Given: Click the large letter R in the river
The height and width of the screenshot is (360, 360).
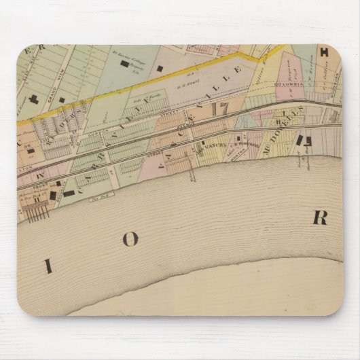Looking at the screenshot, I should pyautogui.click(x=319, y=218).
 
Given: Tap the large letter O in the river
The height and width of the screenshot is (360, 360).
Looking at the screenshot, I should pyautogui.click(x=130, y=239).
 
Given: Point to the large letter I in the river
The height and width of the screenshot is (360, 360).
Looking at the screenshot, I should pyautogui.click(x=48, y=266).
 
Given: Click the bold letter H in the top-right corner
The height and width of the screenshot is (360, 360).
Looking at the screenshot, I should pyautogui.click(x=324, y=52).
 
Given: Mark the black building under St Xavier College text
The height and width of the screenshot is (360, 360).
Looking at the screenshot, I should pyautogui.click(x=124, y=64).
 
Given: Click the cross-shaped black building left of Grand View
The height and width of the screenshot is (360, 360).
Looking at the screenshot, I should pyautogui.click(x=33, y=99).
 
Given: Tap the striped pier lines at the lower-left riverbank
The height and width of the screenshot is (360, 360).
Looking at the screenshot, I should pyautogui.click(x=37, y=212).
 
